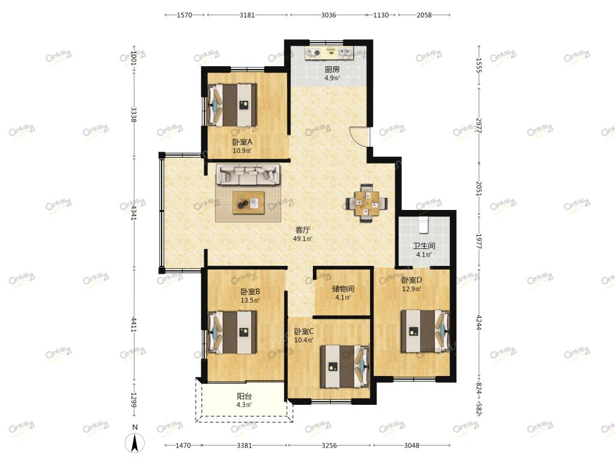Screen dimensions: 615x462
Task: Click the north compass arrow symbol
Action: pos(135,443)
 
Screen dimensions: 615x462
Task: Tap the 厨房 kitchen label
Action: pos(332,70)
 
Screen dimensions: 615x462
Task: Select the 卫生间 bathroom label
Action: pos(424,246)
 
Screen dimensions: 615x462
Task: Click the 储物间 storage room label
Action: pos(343,289)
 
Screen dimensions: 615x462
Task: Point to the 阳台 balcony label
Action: pos(244,396)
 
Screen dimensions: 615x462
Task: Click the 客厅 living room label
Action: pos(303,230)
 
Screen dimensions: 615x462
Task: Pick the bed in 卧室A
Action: pos(232,105)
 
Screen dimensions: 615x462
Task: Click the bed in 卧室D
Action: pos(425,331)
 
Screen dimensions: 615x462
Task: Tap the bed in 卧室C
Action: pos(345,366)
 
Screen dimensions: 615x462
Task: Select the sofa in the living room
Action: pos(248,174)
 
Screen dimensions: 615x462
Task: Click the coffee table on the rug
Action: pos(249,203)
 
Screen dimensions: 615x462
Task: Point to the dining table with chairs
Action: pos(367,203)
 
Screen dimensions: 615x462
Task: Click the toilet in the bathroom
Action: pos(423,224)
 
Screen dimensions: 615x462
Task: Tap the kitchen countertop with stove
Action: pos(330,53)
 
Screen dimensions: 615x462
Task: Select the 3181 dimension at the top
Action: pos(247,15)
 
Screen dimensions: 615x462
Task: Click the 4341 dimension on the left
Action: pos(134,212)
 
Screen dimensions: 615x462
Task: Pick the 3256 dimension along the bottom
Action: pos(329,445)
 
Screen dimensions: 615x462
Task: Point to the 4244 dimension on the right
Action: pos(479,322)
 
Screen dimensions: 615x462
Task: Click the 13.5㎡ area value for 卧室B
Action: pos(250,301)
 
